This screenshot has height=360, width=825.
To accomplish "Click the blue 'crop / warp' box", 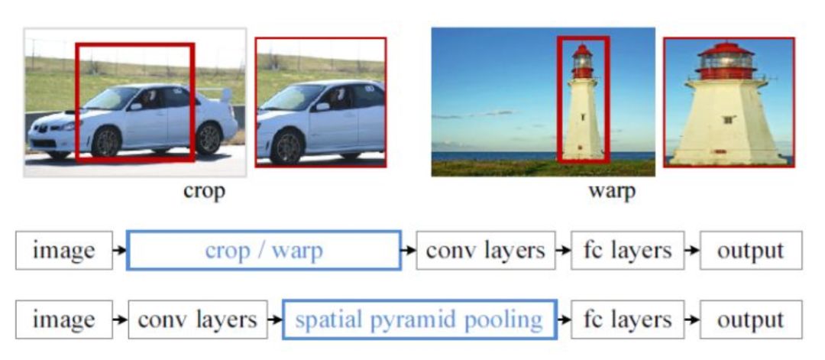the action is (264, 250).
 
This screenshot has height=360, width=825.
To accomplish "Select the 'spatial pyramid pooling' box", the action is (419, 319).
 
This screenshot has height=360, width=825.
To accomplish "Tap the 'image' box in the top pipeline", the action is (64, 250).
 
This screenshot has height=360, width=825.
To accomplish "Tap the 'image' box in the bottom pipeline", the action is (64, 319).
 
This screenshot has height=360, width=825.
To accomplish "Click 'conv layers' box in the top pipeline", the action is (485, 250).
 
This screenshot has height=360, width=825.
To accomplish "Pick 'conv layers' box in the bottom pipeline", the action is (198, 319).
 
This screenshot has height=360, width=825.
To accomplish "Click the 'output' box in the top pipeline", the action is (750, 250).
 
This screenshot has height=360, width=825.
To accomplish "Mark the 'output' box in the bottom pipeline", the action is (750, 319).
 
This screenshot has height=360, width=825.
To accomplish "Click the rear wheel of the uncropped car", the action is (208, 138).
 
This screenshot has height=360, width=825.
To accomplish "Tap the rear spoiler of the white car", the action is (225, 94).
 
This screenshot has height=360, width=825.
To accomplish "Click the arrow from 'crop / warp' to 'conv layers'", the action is (409, 250).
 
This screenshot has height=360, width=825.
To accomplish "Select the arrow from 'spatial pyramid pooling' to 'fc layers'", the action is (564, 319).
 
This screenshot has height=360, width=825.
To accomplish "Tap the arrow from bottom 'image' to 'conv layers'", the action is (120, 319).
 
